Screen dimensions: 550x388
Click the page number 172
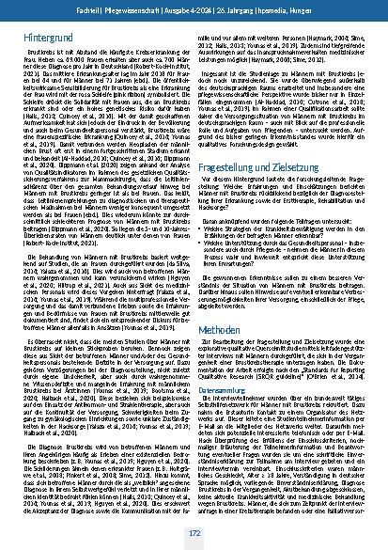pos(194,533)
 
